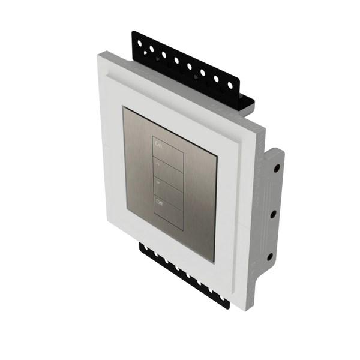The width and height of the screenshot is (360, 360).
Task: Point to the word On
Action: (x=159, y=145)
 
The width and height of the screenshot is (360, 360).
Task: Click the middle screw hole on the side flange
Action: (x=273, y=213)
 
